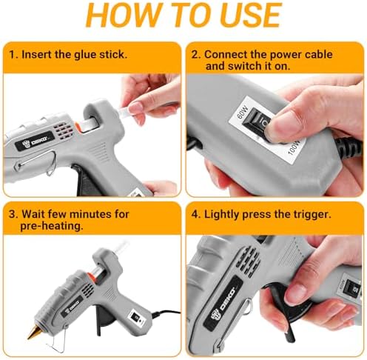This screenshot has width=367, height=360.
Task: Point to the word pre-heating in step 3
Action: point(52,226)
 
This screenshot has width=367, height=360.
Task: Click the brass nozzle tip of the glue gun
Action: point(33,333)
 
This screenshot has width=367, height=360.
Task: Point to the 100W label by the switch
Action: point(294,147)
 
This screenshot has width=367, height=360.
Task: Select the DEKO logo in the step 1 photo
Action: point(35,141)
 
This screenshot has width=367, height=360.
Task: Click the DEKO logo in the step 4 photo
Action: point(224,303)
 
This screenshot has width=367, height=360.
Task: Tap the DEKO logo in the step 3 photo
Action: point(72,306)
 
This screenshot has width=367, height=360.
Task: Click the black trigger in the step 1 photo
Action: point(85,180)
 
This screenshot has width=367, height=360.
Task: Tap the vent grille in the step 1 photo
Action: point(64,130)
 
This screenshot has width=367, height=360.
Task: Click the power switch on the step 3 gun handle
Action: point(135,316)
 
